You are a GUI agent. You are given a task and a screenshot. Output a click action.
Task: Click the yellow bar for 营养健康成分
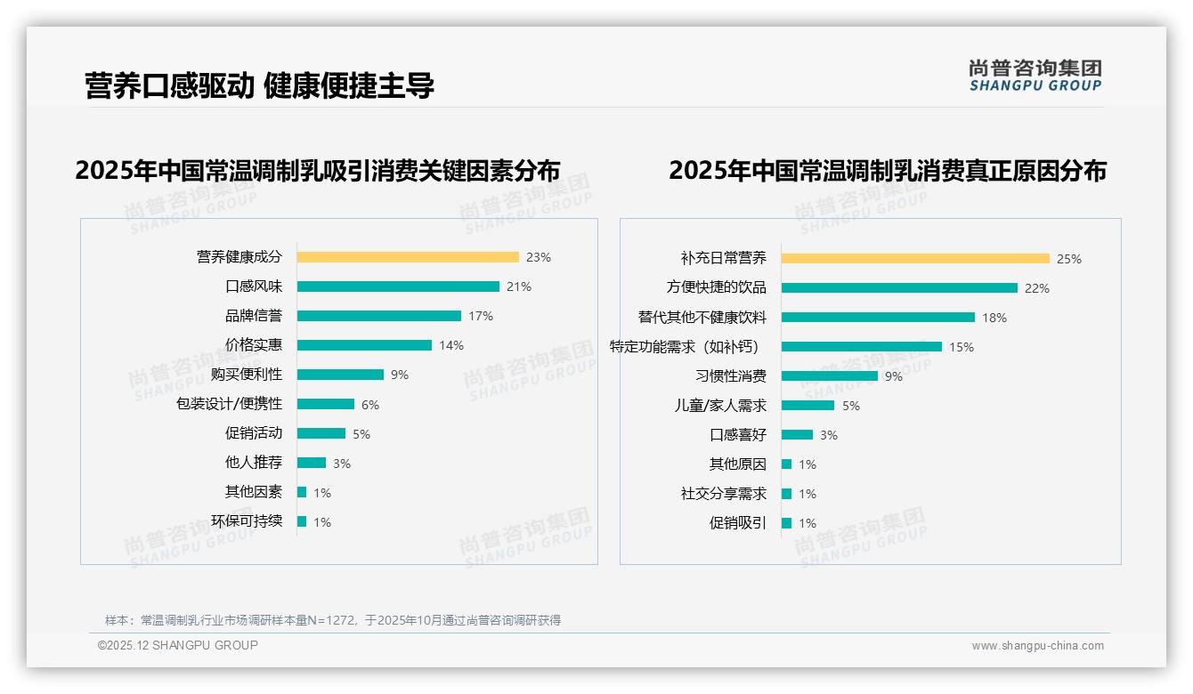[x=408, y=257]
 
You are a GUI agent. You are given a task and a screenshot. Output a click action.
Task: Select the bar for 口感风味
[x=398, y=286]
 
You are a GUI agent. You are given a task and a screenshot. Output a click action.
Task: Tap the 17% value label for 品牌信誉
[x=481, y=316]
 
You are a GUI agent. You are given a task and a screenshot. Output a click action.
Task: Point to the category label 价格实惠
[x=253, y=345]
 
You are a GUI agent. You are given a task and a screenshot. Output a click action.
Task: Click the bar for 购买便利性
[x=340, y=375]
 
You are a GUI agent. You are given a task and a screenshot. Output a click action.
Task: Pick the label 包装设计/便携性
[x=229, y=404]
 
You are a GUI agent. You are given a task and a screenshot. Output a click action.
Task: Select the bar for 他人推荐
[x=312, y=463]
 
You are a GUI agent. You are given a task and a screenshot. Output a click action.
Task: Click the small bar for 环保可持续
[x=302, y=521]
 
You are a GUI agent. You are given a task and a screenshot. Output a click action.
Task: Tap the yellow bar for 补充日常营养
[x=915, y=259]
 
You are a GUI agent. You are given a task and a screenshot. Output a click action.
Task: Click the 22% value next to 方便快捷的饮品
[x=1037, y=288]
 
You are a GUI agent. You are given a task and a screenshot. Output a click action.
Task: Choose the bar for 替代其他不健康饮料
[x=878, y=318]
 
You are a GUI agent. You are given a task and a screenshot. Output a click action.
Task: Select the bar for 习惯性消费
[x=830, y=376]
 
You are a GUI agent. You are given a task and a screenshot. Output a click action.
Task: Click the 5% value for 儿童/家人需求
[x=851, y=406]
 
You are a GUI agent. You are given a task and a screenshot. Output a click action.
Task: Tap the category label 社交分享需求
[x=723, y=494]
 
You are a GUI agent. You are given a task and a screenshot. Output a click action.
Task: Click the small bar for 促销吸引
[x=786, y=523]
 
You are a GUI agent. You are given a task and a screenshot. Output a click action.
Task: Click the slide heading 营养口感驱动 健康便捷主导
[x=259, y=85]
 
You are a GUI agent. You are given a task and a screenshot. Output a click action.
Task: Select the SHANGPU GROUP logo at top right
[x=1035, y=75]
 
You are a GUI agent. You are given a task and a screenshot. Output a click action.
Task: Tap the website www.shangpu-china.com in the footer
[x=1037, y=646]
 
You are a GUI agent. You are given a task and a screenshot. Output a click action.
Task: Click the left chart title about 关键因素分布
[x=318, y=170]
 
